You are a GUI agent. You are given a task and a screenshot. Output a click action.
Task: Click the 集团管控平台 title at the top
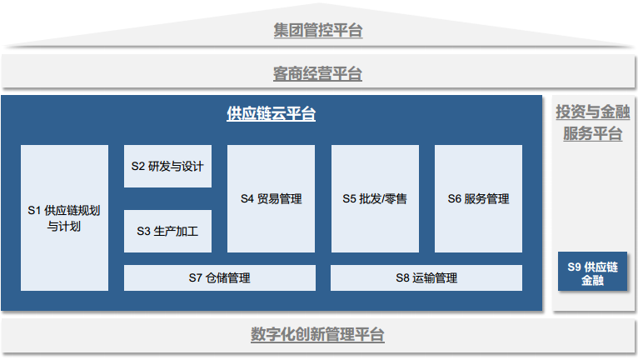(318, 31)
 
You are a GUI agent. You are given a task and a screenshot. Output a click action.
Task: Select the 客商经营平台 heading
(318, 74)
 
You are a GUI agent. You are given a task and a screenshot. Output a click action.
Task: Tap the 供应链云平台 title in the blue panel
(271, 115)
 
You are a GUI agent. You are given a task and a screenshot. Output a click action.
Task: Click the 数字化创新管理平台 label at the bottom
(318, 335)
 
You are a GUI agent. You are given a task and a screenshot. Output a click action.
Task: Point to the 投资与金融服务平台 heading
(592, 122)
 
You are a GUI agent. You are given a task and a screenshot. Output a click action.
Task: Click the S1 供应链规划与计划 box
(64, 217)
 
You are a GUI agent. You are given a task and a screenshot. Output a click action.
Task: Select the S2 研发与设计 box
(167, 166)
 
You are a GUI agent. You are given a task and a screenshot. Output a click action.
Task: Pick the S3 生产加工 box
(167, 231)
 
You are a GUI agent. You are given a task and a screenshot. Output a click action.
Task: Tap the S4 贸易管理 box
(271, 198)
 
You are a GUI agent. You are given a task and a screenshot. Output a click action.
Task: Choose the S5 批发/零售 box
(375, 198)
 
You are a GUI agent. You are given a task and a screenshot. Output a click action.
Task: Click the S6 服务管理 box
(478, 198)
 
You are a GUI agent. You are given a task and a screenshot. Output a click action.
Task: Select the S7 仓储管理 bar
(219, 277)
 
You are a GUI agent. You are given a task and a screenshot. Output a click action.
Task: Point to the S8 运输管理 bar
(426, 277)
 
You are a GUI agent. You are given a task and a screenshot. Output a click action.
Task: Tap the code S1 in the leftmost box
(35, 210)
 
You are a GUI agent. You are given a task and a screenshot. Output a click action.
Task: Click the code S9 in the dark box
(574, 266)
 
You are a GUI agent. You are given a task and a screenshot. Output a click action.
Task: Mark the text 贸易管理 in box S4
(280, 199)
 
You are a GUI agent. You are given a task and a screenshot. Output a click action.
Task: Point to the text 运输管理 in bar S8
(436, 277)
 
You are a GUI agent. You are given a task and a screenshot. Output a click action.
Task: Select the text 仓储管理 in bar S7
(228, 277)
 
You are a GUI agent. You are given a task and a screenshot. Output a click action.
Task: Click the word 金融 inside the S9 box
(592, 281)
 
